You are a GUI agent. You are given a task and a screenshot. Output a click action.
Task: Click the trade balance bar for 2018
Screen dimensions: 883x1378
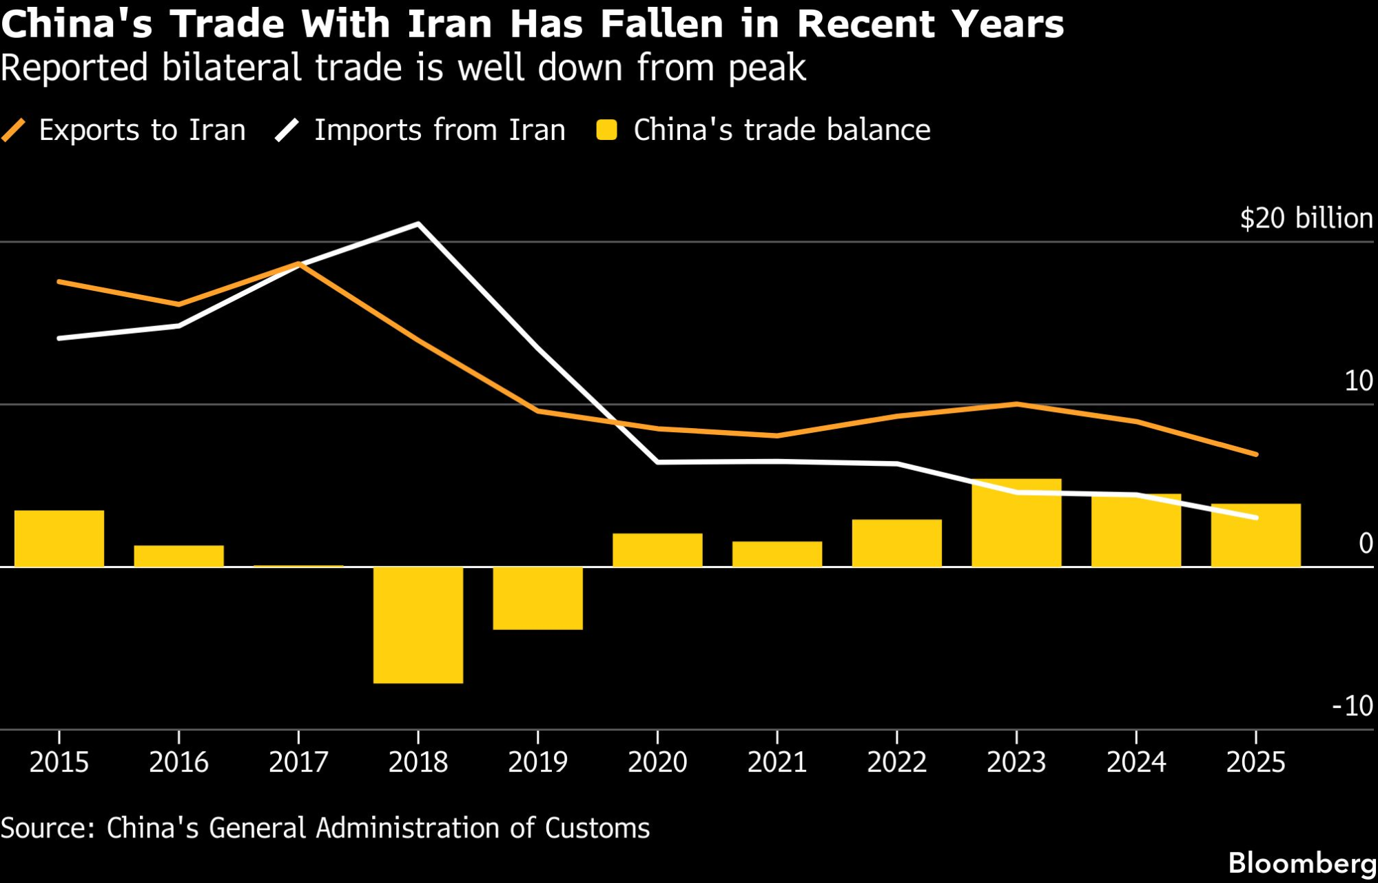tap(418, 625)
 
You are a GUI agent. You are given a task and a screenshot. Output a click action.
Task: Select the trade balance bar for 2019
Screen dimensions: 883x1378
tap(538, 598)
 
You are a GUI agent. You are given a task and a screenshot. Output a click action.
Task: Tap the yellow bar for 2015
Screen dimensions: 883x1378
tap(59, 538)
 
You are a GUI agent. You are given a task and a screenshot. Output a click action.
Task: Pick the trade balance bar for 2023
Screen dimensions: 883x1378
tap(1016, 522)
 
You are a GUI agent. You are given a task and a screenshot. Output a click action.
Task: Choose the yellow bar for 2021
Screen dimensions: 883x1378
tap(777, 554)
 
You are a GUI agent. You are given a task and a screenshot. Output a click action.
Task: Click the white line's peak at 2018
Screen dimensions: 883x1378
tap(418, 224)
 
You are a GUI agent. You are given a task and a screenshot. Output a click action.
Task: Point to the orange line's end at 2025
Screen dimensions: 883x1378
tap(1256, 454)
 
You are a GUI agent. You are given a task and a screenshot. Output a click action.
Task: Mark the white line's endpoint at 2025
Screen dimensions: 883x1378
tap(1256, 517)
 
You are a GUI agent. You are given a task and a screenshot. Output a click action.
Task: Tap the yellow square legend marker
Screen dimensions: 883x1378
tap(607, 130)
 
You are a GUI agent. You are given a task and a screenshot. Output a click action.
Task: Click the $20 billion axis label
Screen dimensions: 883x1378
tap(1306, 219)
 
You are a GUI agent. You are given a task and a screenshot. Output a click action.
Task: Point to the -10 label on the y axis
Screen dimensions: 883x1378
tap(1353, 706)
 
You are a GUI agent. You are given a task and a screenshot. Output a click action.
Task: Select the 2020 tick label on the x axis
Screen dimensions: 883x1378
tap(657, 762)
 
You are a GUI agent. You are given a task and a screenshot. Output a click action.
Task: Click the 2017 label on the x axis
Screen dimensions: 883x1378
tap(298, 762)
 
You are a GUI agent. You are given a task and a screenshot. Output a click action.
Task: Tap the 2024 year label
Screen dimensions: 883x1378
tap(1136, 762)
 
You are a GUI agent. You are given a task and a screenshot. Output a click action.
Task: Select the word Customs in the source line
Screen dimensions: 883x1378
tap(597, 828)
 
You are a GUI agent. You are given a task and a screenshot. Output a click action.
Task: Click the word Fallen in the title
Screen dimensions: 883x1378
tap(661, 24)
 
